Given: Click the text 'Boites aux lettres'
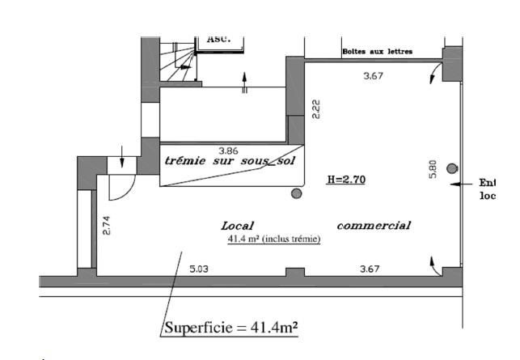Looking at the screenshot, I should (378, 52).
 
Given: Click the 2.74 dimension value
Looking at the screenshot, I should (106, 226).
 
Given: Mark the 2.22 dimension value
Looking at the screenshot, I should (316, 109).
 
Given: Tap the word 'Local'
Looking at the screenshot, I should (238, 225).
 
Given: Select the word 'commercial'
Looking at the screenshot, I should (374, 225).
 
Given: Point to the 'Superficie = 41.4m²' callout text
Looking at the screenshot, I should (230, 328).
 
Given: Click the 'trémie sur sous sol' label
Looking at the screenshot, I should (230, 160).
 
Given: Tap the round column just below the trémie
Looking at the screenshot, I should (297, 193).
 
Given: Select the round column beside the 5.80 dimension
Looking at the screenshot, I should (452, 168).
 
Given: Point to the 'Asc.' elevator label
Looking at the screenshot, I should (219, 38).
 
